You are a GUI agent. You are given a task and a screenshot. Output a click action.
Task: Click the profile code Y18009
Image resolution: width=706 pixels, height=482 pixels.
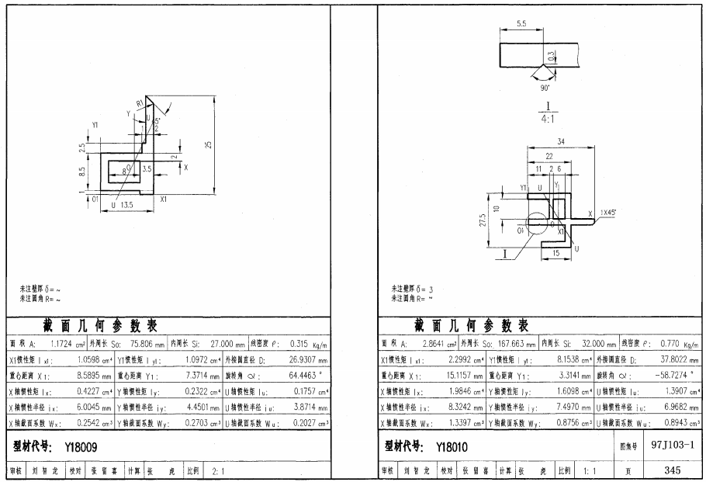(79, 448)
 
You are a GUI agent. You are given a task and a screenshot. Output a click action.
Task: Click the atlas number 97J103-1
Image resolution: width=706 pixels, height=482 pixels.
(673, 447)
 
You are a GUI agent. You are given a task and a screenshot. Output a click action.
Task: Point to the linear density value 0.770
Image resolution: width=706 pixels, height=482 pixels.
(670, 344)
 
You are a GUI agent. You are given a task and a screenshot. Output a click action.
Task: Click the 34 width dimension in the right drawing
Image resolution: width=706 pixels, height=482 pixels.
(560, 141)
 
